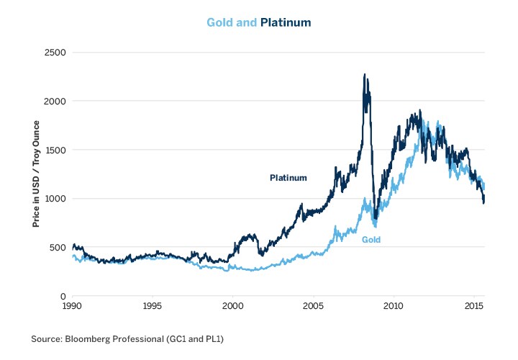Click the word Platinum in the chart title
click(x=286, y=22)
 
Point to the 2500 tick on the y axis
click(x=55, y=53)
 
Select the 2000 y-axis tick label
click(x=55, y=102)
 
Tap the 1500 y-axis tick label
click(x=55, y=150)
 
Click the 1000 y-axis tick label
click(x=55, y=199)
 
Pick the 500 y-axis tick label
click(x=58, y=248)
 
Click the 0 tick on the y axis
click(x=63, y=296)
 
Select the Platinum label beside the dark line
click(x=288, y=178)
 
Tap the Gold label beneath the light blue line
click(x=371, y=240)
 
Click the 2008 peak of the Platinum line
click(x=365, y=75)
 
